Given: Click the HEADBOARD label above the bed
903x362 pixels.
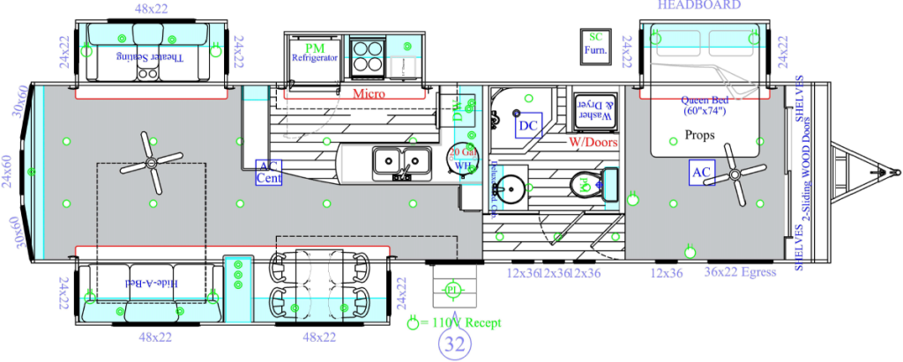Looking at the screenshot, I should [x=698, y=5].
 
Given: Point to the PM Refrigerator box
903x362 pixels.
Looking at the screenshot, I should [x=315, y=53].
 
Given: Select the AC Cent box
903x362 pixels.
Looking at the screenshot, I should [x=268, y=172].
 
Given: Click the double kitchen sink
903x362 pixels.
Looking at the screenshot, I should [x=400, y=160].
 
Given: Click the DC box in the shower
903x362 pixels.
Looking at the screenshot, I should [x=528, y=127].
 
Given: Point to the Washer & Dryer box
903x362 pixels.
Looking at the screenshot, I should [x=591, y=109].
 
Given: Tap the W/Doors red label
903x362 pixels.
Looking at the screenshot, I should [x=593, y=141].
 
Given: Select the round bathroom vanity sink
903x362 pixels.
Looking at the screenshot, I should [x=509, y=187].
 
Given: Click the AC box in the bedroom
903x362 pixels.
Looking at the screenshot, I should [x=702, y=170].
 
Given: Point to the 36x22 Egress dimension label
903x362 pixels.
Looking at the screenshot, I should [x=739, y=273].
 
